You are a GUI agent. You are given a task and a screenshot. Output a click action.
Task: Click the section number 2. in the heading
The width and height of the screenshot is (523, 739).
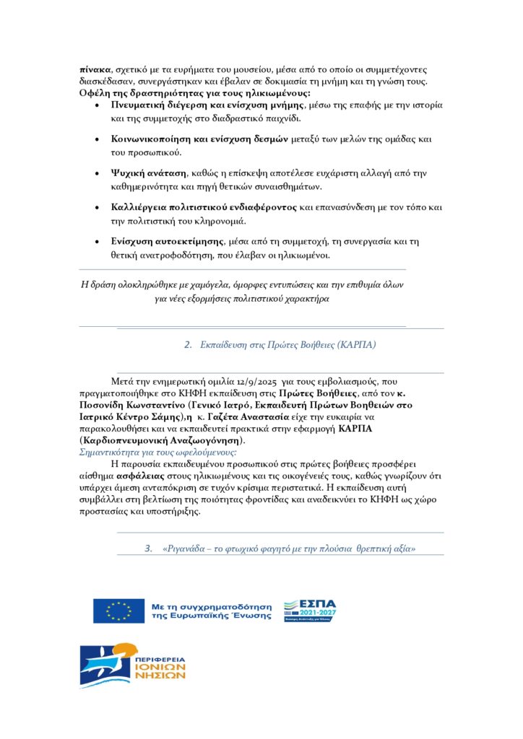[x=189, y=345]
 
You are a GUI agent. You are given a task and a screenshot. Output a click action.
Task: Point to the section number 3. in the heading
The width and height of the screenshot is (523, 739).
[x=149, y=548]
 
